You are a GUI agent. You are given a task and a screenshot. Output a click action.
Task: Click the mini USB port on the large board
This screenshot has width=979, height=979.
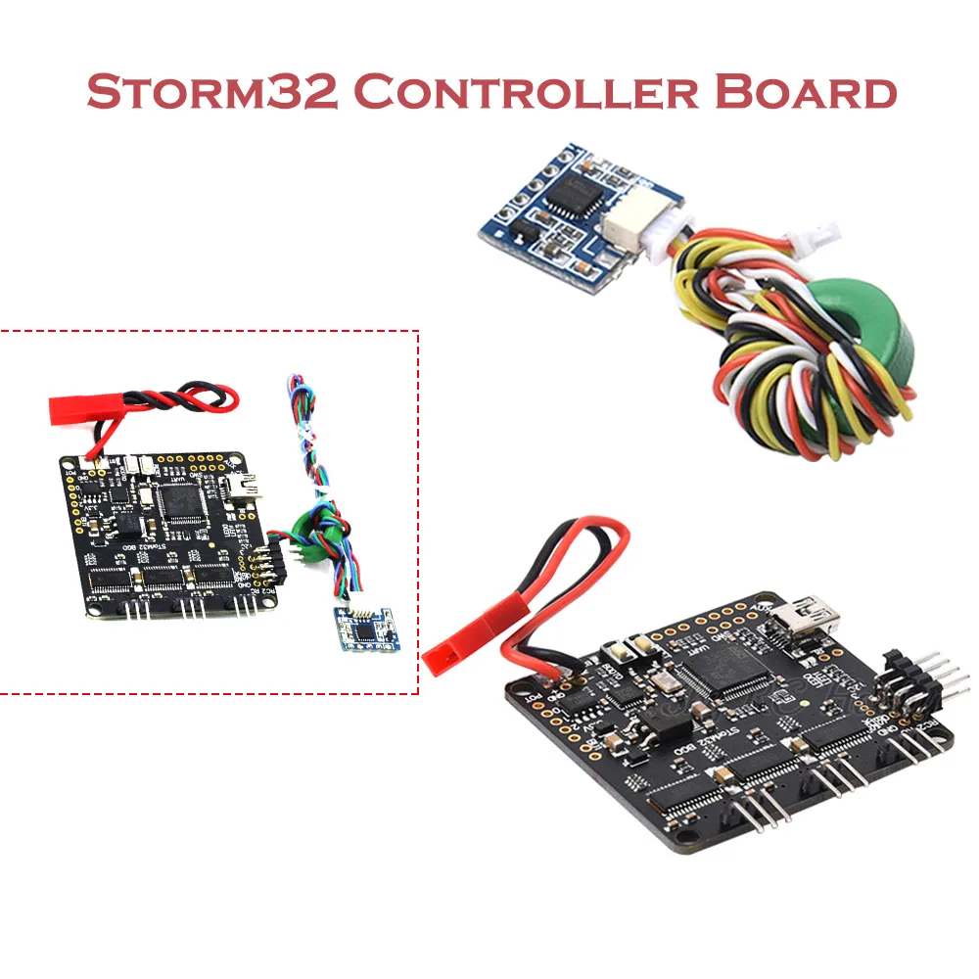click(x=806, y=617)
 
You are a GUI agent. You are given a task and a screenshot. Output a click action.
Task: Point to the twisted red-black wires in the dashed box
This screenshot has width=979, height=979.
click(x=186, y=402)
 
